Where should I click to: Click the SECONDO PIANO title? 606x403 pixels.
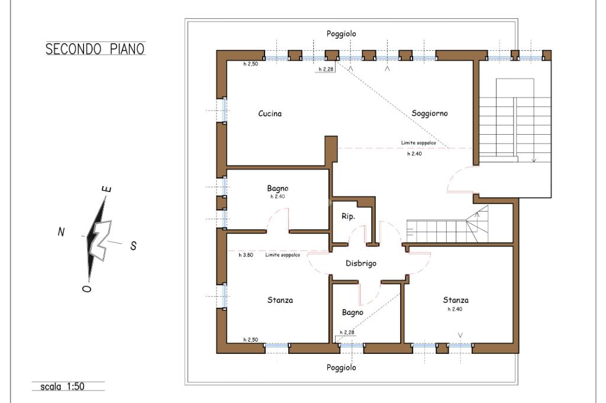[95, 49]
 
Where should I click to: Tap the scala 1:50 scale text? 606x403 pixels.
[62, 386]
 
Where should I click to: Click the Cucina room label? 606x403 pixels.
[270, 113]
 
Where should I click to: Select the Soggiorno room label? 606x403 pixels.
[430, 113]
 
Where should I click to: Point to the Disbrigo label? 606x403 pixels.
[361, 264]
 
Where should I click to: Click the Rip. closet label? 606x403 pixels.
[348, 216]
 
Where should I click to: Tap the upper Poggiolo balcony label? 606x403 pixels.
[341, 34]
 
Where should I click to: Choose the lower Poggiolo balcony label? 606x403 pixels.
[341, 368]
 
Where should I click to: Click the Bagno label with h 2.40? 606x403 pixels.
[278, 188]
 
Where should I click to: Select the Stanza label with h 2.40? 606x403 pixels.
[456, 300]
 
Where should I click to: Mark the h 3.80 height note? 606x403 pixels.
[246, 255]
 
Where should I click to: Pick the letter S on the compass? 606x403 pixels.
[133, 246]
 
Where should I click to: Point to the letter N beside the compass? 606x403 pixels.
[61, 232]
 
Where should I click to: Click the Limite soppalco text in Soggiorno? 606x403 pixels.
[418, 143]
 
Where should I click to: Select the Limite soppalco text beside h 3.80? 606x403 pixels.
[282, 255]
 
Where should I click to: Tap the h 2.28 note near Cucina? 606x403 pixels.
[326, 70]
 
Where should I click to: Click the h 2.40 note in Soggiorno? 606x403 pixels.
[415, 154]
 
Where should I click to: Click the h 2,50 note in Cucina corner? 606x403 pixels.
[250, 64]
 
